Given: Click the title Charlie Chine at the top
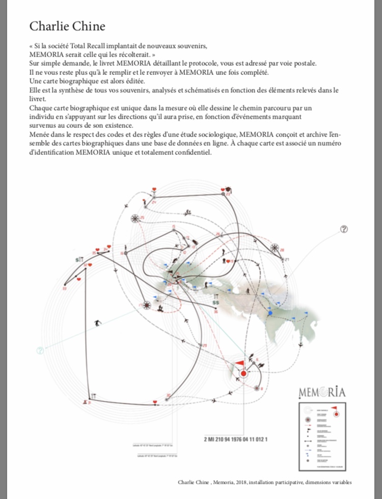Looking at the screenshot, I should (x=67, y=26).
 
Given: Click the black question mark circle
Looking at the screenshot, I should (x=344, y=229).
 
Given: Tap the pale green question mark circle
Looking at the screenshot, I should (x=40, y=350).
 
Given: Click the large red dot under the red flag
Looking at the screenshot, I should (x=243, y=373).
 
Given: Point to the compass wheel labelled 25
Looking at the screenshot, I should (x=135, y=218).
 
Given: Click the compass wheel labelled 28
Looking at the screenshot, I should (x=276, y=248).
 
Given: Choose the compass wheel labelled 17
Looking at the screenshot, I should (x=147, y=305).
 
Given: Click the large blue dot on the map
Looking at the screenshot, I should (x=270, y=313).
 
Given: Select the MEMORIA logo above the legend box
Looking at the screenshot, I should (x=321, y=392).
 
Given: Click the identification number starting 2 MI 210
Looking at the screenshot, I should (x=235, y=438).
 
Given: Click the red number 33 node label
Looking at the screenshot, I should (x=65, y=288).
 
